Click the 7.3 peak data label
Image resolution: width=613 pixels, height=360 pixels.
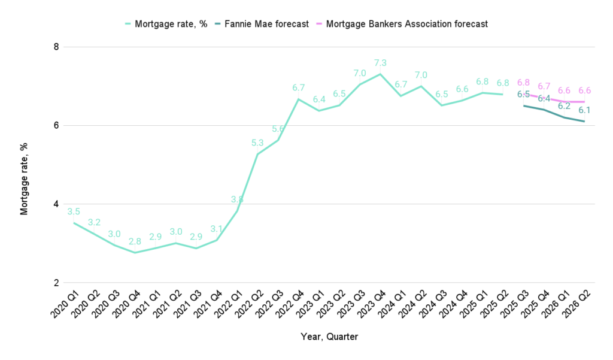tap(380, 62)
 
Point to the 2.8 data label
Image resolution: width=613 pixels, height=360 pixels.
tap(135, 241)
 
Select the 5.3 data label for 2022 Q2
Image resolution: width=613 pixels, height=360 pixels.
tap(257, 143)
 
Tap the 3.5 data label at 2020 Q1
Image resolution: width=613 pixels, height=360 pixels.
tap(74, 211)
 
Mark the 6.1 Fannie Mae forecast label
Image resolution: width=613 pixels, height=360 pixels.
tap(584, 110)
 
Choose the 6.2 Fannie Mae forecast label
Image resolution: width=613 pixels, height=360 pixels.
tap(564, 106)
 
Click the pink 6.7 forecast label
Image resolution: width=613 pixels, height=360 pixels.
tap(544, 86)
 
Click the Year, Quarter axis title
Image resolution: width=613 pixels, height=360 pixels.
tap(329, 337)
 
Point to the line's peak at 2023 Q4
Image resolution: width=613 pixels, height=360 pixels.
tap(380, 74)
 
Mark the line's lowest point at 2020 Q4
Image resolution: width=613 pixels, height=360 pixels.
tap(135, 252)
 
